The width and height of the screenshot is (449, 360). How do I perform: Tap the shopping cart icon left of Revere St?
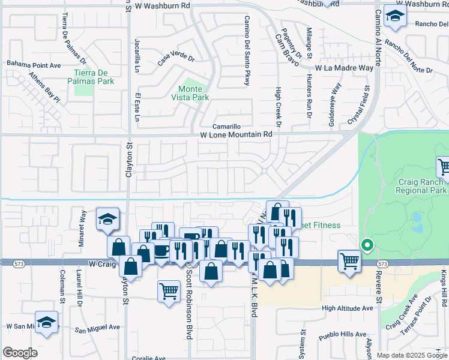click(x=349, y=261)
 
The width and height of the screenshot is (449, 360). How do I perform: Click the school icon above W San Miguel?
click(x=46, y=323)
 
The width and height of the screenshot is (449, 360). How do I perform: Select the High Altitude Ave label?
click(x=347, y=308)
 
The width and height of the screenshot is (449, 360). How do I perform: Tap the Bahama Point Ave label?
click(x=34, y=64)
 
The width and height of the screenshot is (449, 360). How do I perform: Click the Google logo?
click(x=20, y=353)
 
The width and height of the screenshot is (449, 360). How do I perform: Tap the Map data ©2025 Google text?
click(x=411, y=355)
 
